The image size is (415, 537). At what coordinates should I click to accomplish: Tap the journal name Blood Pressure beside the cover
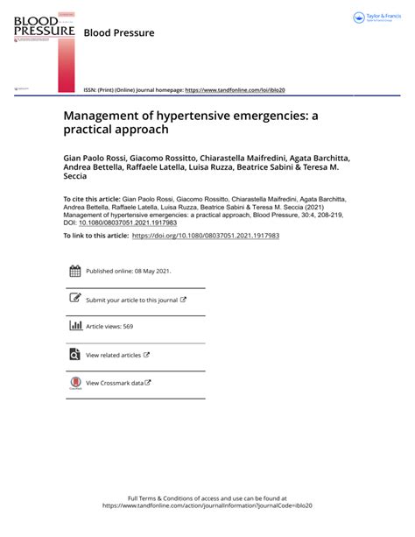118,33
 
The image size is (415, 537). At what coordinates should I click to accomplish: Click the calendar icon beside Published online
74,272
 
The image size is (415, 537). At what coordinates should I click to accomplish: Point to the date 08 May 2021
151,272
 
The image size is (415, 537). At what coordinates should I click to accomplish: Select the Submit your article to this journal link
132,300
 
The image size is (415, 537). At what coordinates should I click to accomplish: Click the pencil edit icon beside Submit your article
74,299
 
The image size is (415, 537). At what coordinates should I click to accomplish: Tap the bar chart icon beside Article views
74,327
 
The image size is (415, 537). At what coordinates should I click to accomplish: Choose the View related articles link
114,355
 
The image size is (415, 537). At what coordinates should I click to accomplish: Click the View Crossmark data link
115,383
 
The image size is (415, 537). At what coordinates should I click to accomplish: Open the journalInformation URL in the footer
207,506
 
